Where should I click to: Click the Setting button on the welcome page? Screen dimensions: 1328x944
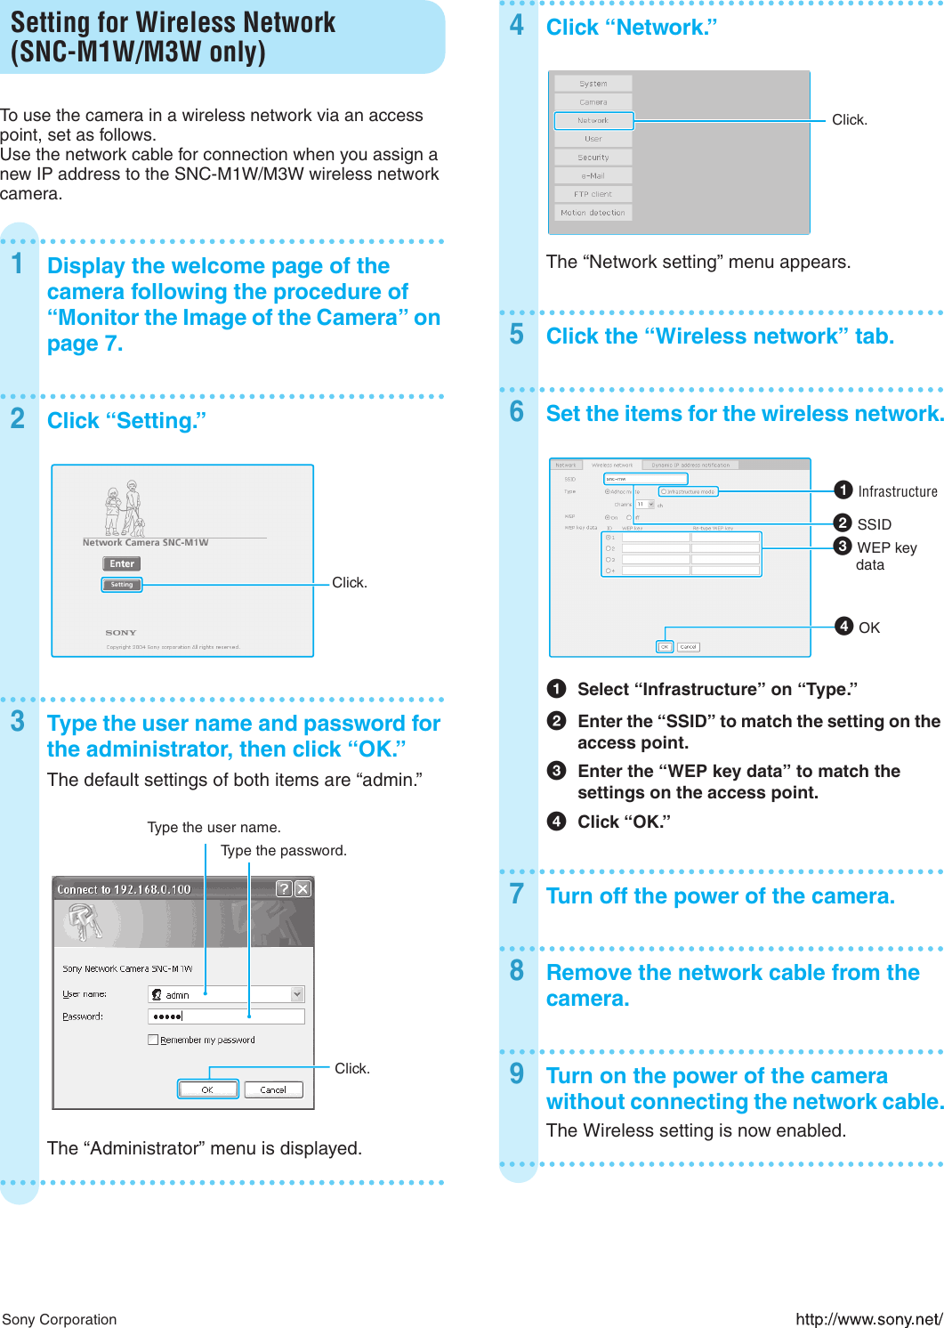122,585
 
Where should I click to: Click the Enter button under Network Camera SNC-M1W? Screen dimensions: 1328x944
122,563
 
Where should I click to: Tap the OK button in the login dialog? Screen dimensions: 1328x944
207,1089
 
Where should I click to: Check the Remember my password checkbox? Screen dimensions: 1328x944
153,1040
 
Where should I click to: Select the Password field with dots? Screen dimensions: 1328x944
226,1016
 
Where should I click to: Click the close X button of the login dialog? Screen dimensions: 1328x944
303,888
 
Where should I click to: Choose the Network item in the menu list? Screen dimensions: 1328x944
593,120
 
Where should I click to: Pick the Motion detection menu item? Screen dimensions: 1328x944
593,213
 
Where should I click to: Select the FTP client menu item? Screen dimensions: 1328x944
593,194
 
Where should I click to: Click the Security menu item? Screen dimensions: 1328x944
593,158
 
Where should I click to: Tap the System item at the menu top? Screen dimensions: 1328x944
593,84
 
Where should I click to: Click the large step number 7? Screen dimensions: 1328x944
517,894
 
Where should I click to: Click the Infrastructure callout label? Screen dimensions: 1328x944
897,491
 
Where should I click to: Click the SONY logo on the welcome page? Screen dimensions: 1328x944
121,633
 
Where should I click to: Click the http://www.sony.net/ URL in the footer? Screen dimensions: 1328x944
868,1319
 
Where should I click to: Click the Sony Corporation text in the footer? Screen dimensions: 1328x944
60,1319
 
